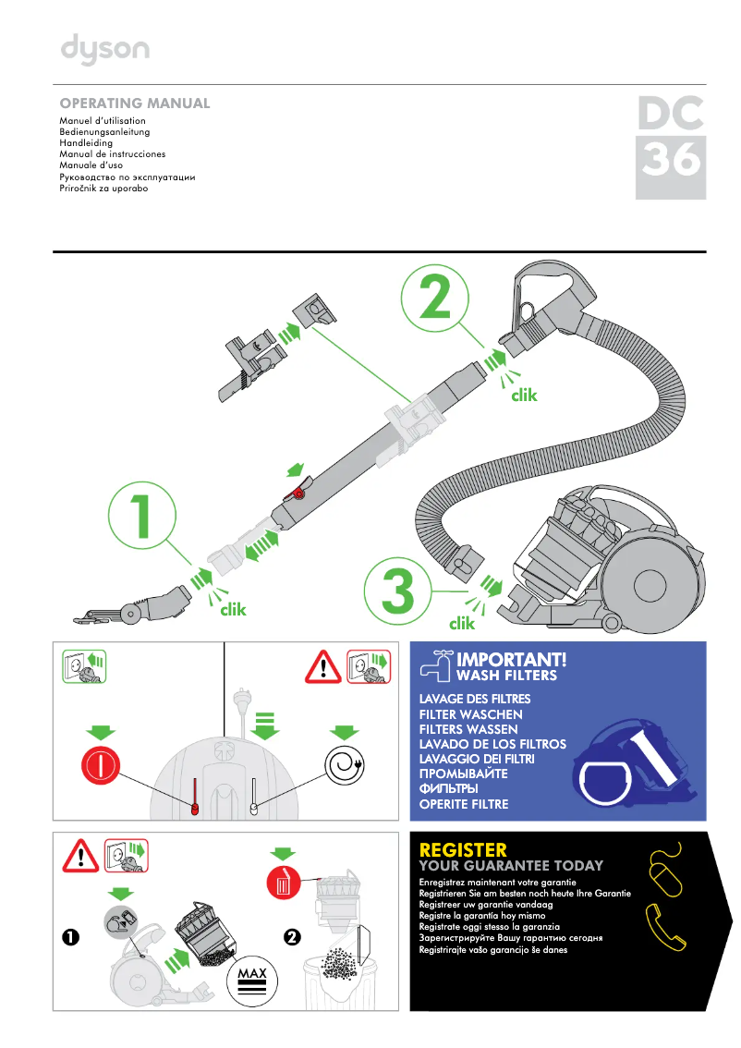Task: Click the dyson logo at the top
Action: click(104, 50)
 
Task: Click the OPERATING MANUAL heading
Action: click(135, 104)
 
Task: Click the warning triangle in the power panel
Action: click(324, 667)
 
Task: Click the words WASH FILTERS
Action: click(507, 676)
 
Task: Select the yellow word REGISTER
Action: click(463, 849)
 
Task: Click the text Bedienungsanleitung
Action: click(104, 132)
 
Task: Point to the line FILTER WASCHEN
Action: click(470, 714)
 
